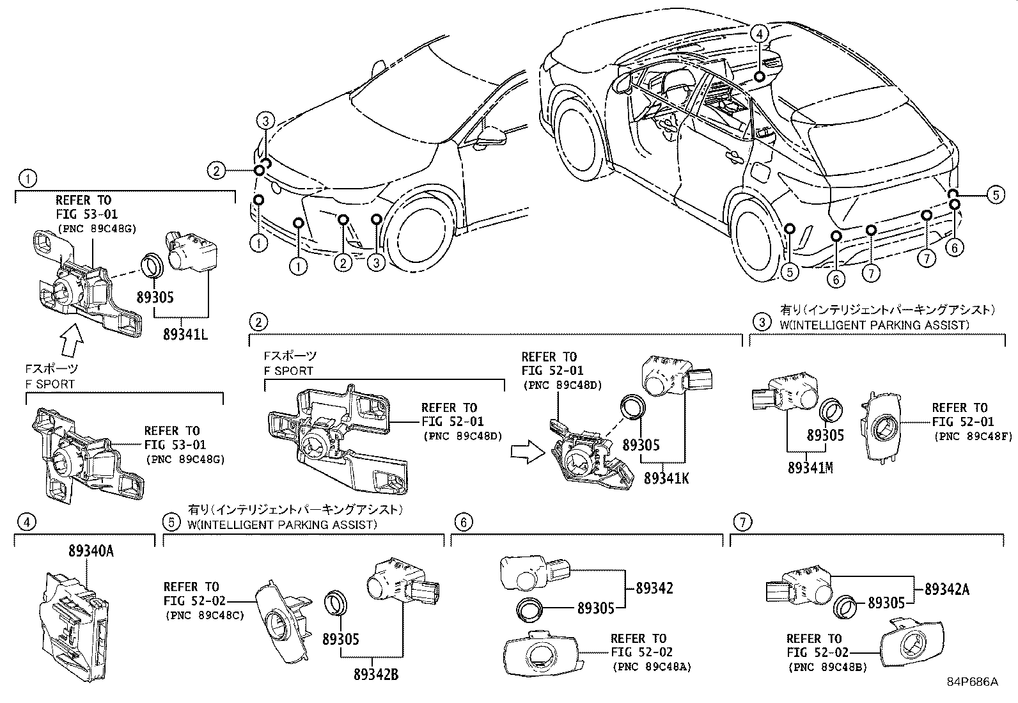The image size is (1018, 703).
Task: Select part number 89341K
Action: [x=666, y=478]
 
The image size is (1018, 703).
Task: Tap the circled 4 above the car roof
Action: [x=758, y=34]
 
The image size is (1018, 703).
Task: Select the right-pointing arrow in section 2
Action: [x=526, y=452]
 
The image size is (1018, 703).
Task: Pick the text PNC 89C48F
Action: [x=964, y=436]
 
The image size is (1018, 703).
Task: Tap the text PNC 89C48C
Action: [x=204, y=615]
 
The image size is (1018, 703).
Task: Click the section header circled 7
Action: [x=741, y=523]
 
